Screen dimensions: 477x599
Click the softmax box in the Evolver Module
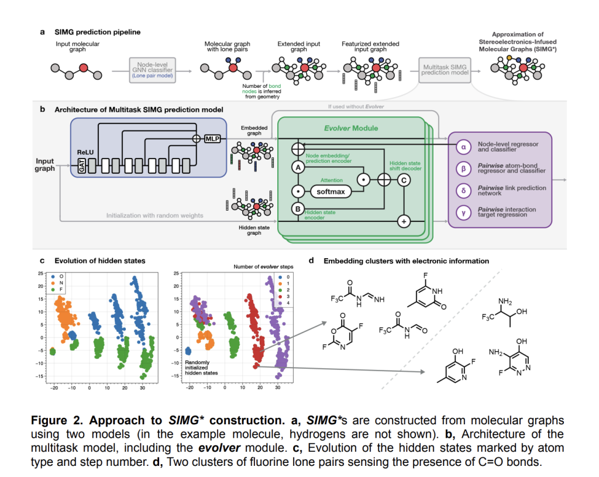(331, 191)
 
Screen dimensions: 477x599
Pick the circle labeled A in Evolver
(297, 167)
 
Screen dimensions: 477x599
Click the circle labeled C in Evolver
(403, 180)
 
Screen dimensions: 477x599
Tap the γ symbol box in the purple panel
(463, 213)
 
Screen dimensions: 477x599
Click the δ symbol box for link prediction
(463, 191)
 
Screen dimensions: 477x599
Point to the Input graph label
(44, 164)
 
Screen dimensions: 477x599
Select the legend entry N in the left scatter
(62, 282)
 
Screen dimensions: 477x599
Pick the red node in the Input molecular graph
(84, 68)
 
